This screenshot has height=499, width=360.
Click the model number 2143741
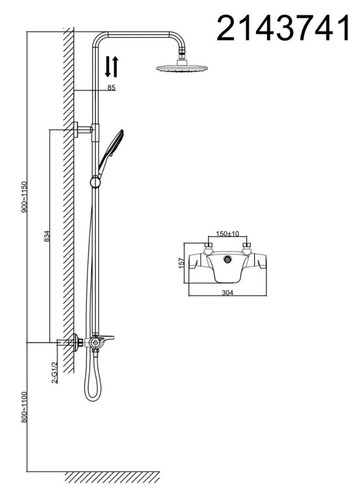[x=283, y=28]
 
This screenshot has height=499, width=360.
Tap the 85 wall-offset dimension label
[x=111, y=88]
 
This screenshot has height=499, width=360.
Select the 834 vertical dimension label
[x=47, y=236]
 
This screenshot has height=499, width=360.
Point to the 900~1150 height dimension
[x=25, y=197]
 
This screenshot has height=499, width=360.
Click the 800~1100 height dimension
[x=25, y=408]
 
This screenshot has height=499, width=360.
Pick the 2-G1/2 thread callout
[x=55, y=372]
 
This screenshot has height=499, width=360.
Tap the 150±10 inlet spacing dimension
[x=227, y=234]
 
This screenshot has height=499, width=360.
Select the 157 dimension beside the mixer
[x=181, y=263]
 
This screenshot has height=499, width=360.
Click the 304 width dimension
[x=227, y=293]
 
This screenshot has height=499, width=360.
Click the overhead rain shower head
[x=182, y=67]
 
